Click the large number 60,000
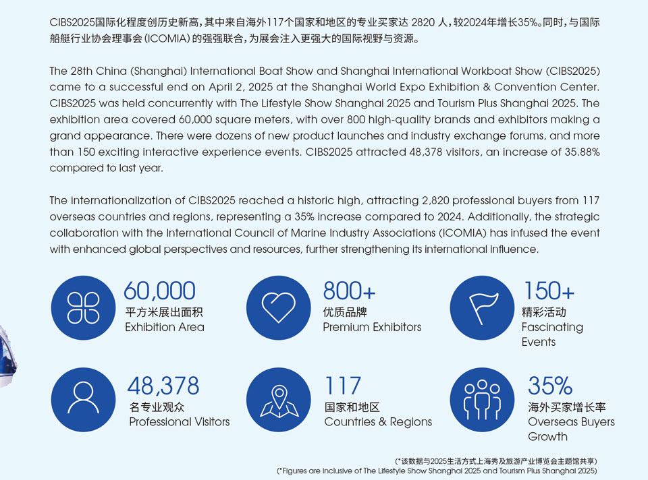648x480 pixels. click(159, 291)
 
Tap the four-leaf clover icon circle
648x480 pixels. click(83, 308)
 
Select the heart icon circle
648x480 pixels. click(279, 308)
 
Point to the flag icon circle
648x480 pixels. click(481, 308)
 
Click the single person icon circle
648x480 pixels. click(83, 399)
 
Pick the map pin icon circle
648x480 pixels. click(279, 399)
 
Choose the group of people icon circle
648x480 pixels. click(481, 399)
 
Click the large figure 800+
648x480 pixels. click(349, 291)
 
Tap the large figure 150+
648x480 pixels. click(549, 291)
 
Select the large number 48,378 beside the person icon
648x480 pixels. click(163, 386)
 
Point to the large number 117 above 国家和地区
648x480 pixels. click(342, 386)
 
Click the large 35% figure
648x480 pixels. click(550, 386)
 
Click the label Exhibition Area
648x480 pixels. click(165, 327)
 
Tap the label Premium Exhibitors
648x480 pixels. click(372, 327)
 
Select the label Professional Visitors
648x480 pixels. click(179, 421)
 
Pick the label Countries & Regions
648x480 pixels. click(378, 421)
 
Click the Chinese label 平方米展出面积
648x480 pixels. click(164, 312)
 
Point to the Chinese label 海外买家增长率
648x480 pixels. click(566, 407)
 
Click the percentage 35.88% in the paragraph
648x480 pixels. click(576, 152)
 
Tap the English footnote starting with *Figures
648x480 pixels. click(437, 471)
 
